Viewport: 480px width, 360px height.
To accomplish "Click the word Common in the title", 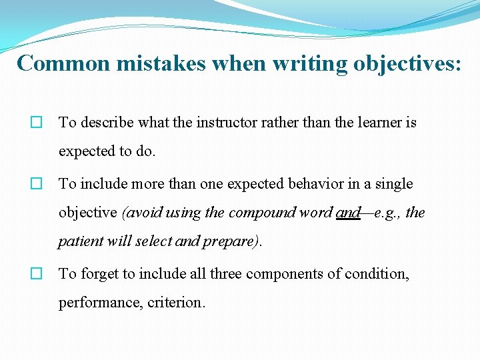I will (x=63, y=63).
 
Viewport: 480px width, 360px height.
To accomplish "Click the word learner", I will (x=378, y=123).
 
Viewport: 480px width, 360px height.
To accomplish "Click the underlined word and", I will (x=349, y=213).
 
